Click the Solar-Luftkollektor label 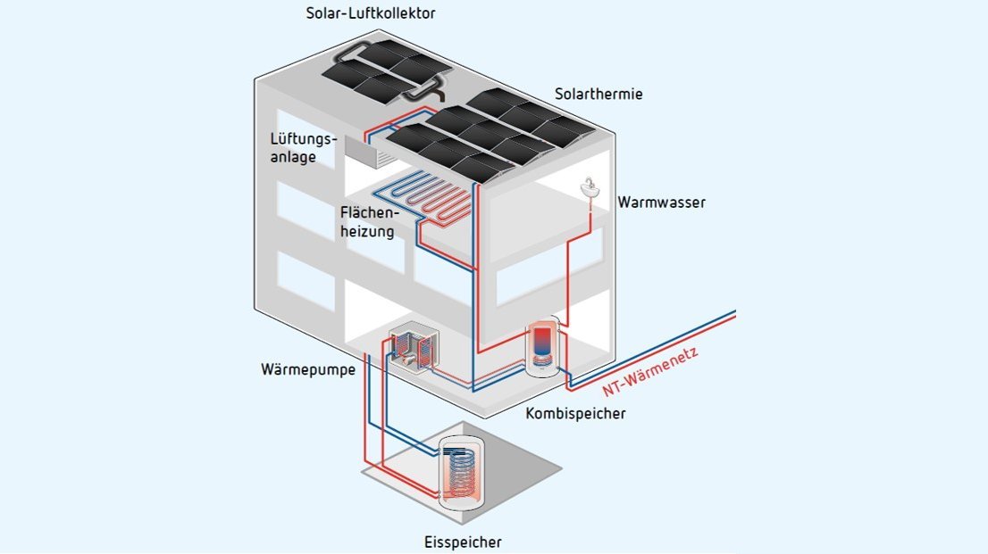click(x=370, y=13)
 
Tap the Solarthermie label click(x=598, y=94)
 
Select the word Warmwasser click(x=661, y=203)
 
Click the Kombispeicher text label click(x=576, y=414)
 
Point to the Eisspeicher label click(x=462, y=542)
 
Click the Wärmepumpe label click(x=303, y=368)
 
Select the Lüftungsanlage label click(x=304, y=148)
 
